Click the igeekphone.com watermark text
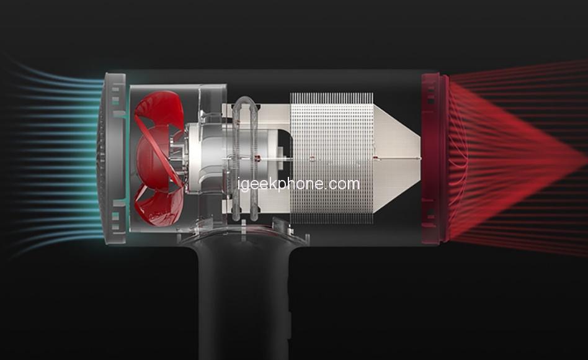pos(299,184)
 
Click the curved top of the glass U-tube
pos(246,101)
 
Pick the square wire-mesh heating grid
pos(331,158)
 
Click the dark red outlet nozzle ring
pos(435,158)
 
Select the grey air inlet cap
pos(112,158)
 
